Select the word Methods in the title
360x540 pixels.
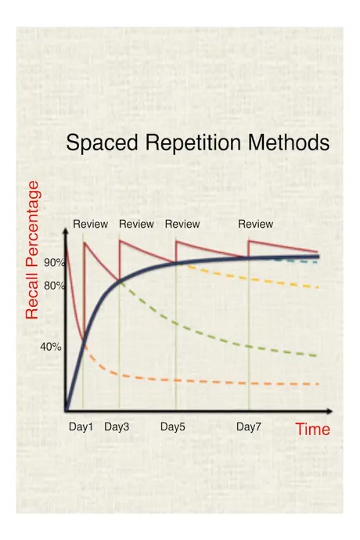[289, 142]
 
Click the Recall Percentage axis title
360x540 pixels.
[32, 250]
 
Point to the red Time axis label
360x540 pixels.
[313, 429]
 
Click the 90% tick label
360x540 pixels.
[55, 263]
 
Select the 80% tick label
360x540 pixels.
[55, 286]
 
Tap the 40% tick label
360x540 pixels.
[51, 347]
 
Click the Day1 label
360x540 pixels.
[81, 427]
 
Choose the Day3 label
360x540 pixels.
[117, 427]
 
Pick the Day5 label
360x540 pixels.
[173, 427]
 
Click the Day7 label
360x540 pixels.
[249, 427]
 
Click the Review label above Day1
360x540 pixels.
[91, 224]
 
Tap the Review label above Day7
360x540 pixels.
[256, 224]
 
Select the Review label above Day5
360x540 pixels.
[182, 224]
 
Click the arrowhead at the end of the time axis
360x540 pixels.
[329, 411]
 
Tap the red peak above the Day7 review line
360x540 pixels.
[249, 240]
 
